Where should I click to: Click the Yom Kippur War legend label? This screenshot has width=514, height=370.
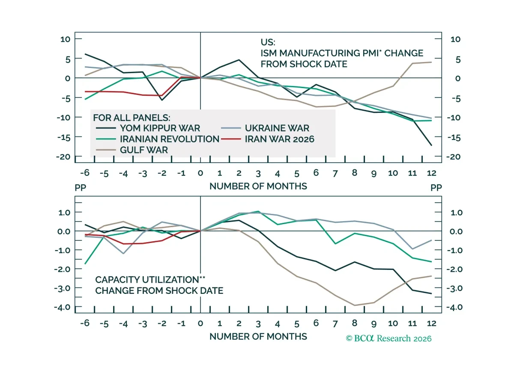tap(160, 128)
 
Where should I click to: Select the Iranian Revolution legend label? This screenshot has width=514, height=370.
tap(170, 139)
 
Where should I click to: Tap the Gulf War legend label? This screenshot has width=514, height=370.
tap(144, 150)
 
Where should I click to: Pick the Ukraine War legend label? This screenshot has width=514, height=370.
tap(277, 128)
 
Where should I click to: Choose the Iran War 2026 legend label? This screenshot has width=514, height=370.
tap(279, 139)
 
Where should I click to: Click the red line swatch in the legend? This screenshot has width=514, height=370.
tap(231, 139)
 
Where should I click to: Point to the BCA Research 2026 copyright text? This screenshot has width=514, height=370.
tap(388, 339)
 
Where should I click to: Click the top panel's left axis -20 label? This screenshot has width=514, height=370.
tap(63, 157)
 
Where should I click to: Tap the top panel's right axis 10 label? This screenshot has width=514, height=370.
tap(455, 39)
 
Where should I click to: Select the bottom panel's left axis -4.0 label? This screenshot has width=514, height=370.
tap(62, 307)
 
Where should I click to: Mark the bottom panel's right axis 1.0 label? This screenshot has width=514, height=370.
tap(457, 213)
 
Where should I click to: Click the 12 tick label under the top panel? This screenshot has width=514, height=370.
tap(431, 173)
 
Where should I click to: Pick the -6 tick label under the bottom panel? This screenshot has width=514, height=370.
tap(85, 323)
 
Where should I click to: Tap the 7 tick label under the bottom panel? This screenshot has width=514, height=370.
tap(335, 324)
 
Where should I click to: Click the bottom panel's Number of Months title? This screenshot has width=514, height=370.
tap(258, 337)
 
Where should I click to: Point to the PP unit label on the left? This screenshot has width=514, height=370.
tap(81, 188)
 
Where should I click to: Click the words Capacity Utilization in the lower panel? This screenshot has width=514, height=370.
tap(147, 280)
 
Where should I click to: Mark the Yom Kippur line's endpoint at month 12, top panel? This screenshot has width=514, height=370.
tap(431, 145)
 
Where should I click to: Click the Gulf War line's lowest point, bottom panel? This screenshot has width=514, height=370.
tap(355, 305)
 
